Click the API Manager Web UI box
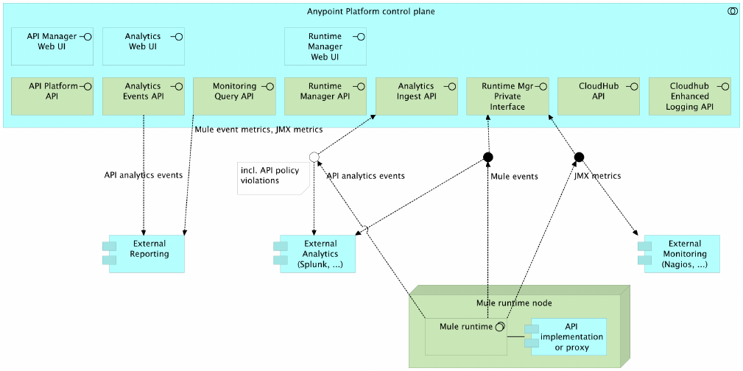(52, 46)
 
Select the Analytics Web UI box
(143, 46)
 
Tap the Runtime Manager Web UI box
(325, 46)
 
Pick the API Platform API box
(52, 96)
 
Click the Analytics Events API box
(143, 96)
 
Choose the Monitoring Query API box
(234, 96)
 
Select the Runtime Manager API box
(325, 96)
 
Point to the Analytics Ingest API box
(416, 96)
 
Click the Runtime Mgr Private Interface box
(507, 96)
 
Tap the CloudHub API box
(599, 96)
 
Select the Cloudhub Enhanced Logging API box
(690, 96)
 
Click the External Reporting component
(146, 253)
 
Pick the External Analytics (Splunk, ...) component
(318, 253)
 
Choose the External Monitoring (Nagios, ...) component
(681, 253)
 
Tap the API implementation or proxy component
(568, 336)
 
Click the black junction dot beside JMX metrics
(579, 157)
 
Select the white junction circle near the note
(314, 156)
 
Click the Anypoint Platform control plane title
(370, 11)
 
